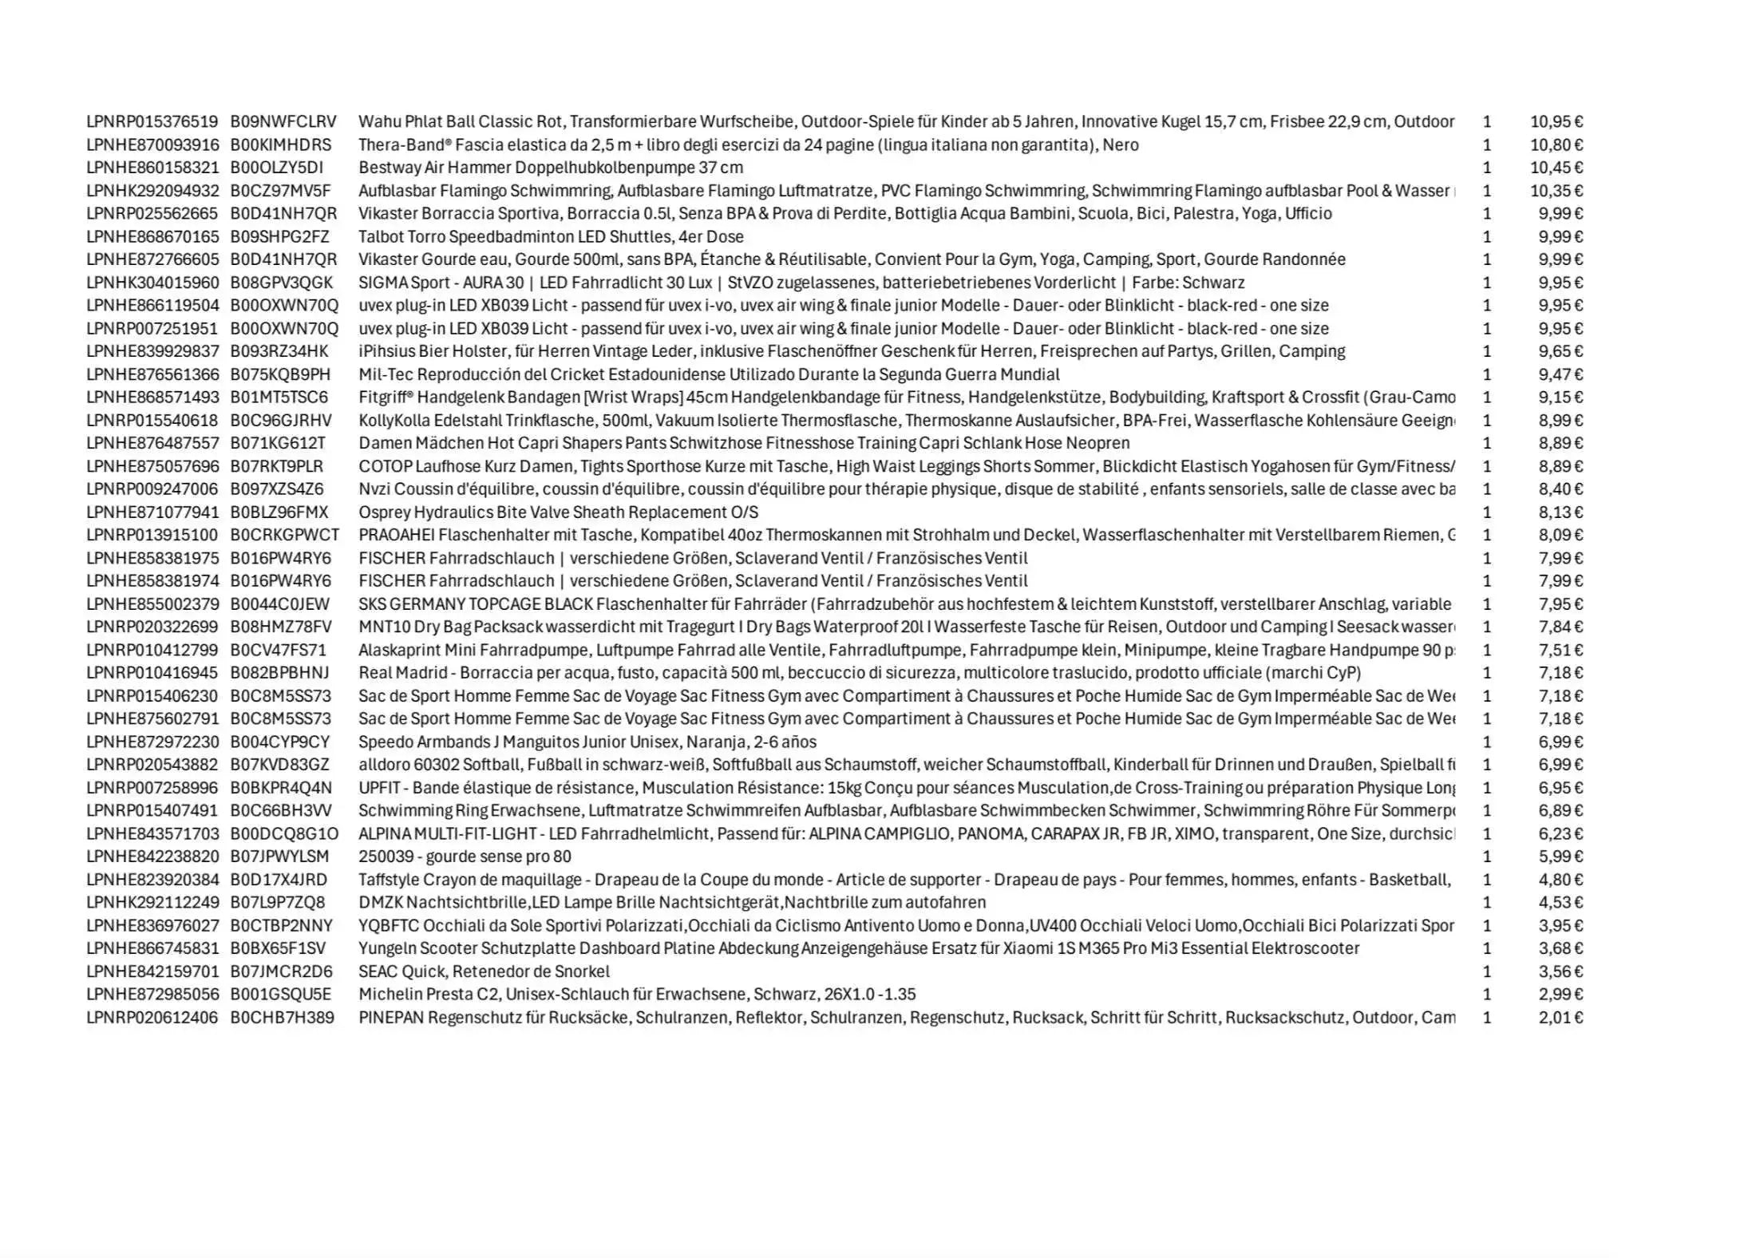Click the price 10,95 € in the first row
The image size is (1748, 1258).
click(x=1556, y=122)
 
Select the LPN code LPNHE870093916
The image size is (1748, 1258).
click(x=152, y=145)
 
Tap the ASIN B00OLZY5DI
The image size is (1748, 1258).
click(x=277, y=168)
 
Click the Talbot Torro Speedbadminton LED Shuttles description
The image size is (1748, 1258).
click(x=551, y=237)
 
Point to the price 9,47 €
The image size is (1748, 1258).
click(x=1560, y=374)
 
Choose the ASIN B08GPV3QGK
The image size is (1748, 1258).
click(x=282, y=283)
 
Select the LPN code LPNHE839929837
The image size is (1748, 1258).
click(x=152, y=351)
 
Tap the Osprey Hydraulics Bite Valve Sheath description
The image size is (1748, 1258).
click(x=558, y=512)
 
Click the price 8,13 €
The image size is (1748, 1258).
click(x=1560, y=512)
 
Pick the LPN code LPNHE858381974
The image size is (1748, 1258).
click(x=152, y=581)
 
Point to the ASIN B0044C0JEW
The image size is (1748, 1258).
click(x=279, y=604)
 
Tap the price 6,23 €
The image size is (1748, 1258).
click(x=1560, y=834)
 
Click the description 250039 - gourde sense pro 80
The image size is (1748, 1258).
click(x=465, y=856)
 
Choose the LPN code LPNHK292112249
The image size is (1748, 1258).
click(x=152, y=903)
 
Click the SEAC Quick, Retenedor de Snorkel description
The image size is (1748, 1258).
click(x=484, y=971)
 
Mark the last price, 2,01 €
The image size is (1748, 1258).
click(x=1560, y=1018)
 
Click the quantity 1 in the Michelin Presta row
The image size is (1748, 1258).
click(x=1486, y=995)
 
